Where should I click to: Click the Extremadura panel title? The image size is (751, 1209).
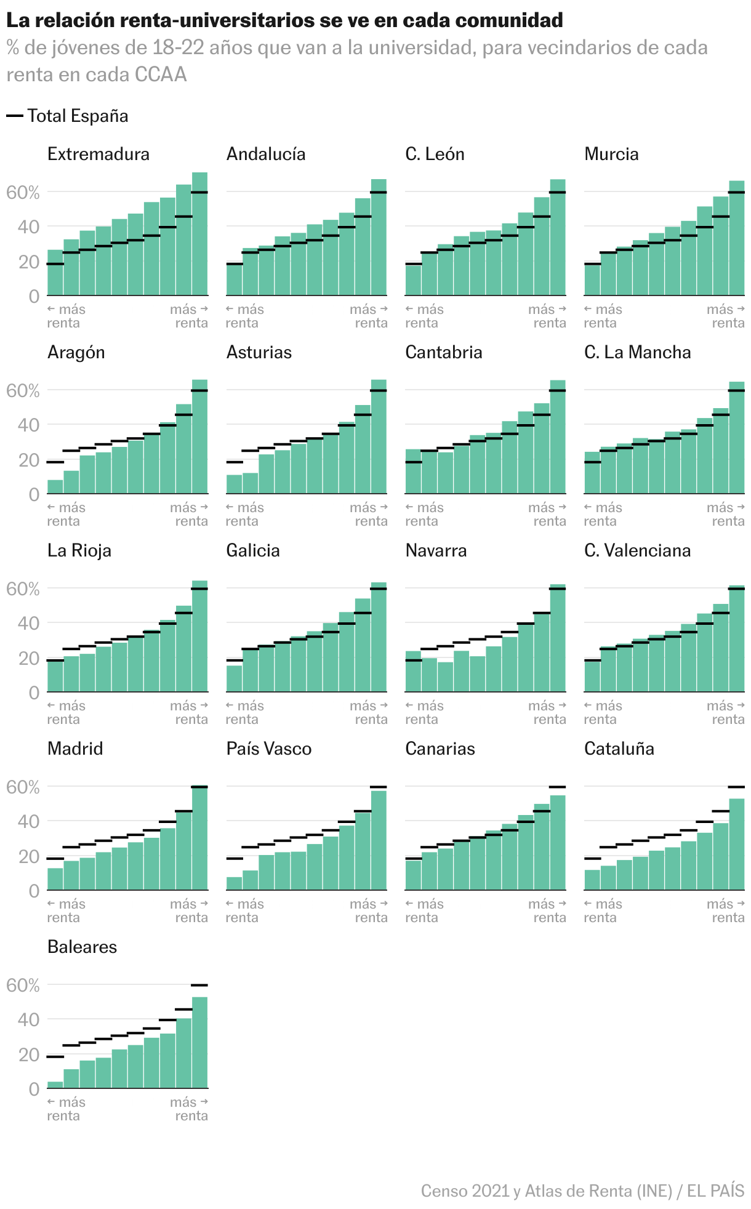tap(98, 154)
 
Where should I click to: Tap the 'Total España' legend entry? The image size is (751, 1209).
tap(67, 116)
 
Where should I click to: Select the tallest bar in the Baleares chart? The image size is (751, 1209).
tap(199, 1042)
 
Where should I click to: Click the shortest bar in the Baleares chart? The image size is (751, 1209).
tap(55, 1085)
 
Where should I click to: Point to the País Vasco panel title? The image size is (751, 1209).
tap(269, 749)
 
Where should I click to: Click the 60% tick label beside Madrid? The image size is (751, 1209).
tap(23, 787)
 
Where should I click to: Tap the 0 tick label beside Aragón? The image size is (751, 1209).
tap(34, 494)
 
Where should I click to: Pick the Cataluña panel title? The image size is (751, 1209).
tap(619, 749)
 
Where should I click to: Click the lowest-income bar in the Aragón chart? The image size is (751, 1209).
tap(55, 487)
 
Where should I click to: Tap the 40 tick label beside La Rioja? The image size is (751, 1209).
tap(28, 624)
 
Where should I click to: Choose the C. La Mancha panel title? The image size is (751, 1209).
tap(638, 352)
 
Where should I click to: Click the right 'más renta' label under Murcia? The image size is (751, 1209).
tap(726, 316)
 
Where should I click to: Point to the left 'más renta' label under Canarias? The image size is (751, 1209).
tap(425, 911)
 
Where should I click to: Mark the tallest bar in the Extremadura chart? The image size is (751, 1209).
tap(199, 234)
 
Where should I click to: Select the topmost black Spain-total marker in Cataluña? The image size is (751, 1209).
tap(736, 787)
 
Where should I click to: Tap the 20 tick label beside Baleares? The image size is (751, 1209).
tap(28, 1055)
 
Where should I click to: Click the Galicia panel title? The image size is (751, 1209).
tap(253, 550)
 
